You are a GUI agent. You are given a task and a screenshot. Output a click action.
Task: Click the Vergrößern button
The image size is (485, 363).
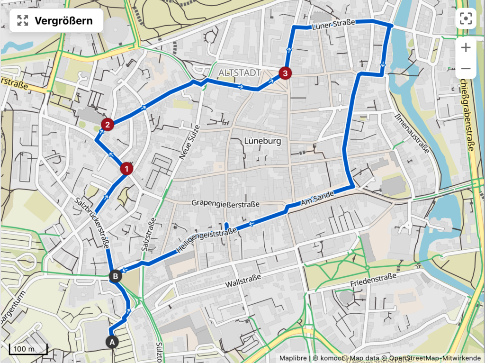tap(56, 20)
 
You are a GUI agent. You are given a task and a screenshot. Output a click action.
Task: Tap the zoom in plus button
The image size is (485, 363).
tap(466, 47)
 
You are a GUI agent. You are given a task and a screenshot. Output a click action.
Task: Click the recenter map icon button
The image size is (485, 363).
tap(466, 18)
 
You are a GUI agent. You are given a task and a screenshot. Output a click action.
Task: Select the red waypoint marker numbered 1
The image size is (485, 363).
tap(126, 168)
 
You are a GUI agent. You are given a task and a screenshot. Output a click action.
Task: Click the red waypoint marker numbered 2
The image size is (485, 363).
tap(108, 125)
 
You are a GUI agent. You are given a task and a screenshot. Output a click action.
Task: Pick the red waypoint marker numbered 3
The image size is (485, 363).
tap(285, 73)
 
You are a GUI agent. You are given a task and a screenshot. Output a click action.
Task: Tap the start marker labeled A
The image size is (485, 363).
tap(112, 341)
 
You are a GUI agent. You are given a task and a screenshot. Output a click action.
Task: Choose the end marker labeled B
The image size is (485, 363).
tap(116, 275)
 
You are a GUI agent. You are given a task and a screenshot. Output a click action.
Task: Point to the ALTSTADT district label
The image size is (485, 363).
tap(240, 73)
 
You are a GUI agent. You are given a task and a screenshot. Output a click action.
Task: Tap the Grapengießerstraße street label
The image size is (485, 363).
tap(225, 204)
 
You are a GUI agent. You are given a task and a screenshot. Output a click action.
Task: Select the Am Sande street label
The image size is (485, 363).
tap(318, 198)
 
